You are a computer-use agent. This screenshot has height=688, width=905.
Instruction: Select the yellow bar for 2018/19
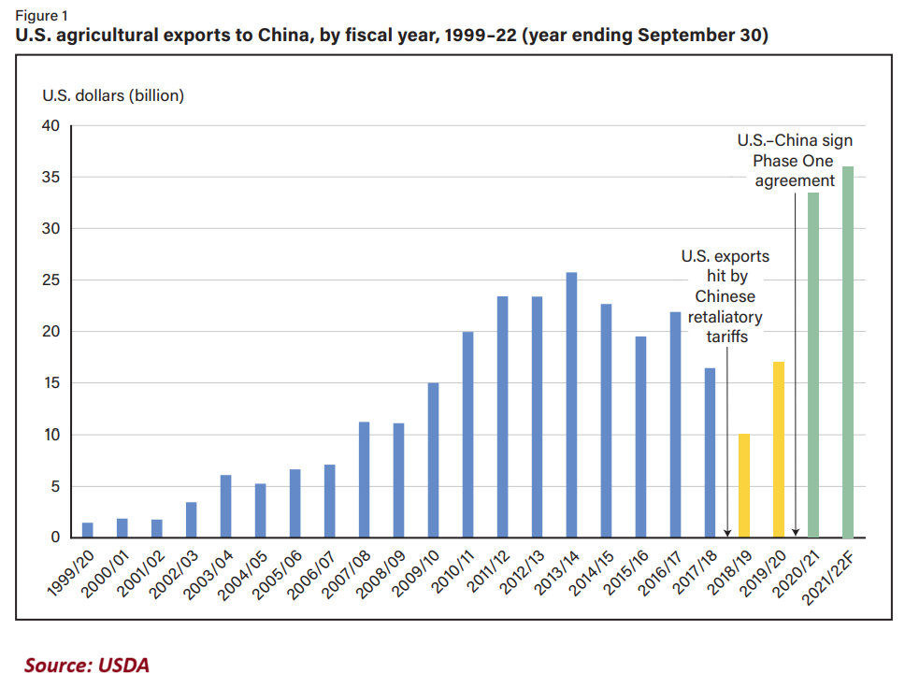(744, 485)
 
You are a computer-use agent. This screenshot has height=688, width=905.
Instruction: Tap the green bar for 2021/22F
(848, 351)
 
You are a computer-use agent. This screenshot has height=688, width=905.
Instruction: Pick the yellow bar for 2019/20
(779, 450)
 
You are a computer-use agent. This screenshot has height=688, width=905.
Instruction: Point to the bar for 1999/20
(88, 530)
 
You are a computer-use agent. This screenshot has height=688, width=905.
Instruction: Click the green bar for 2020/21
(813, 365)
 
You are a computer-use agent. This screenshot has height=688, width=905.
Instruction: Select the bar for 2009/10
(433, 460)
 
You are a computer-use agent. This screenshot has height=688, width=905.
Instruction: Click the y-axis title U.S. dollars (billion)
(113, 95)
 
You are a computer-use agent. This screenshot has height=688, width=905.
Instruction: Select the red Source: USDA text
(87, 666)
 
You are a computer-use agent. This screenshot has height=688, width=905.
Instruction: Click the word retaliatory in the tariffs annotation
(726, 317)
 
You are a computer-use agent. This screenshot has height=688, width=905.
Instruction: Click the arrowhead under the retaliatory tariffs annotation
(727, 531)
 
